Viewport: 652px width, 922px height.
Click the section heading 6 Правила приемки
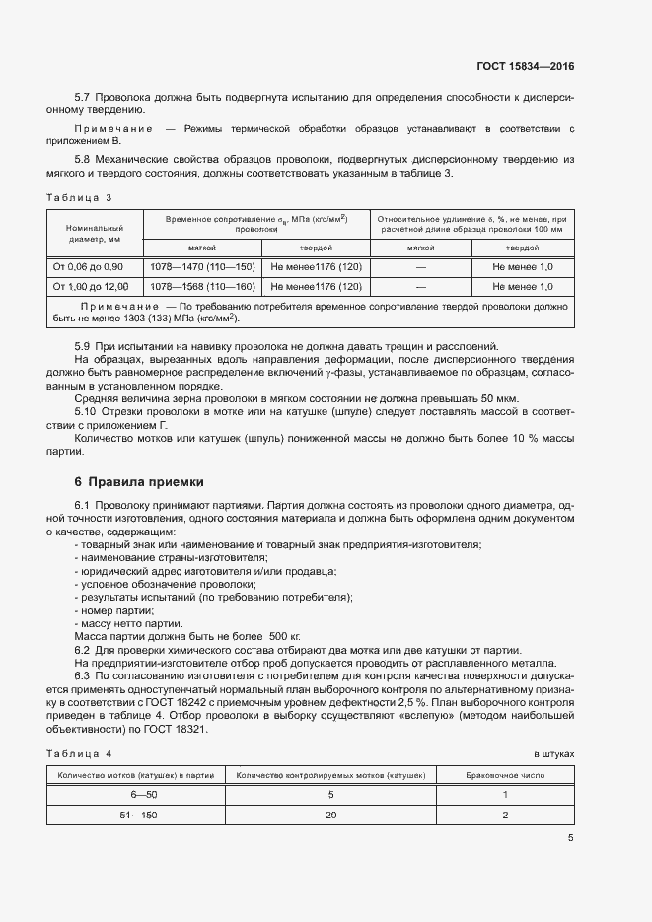point(139,482)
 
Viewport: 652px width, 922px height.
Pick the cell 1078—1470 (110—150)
point(202,267)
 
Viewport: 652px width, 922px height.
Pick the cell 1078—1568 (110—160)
point(202,286)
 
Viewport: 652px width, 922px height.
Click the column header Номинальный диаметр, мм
point(94,232)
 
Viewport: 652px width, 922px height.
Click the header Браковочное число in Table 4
point(504,775)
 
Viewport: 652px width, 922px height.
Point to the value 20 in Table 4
point(331,816)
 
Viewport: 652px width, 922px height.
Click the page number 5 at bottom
point(570,839)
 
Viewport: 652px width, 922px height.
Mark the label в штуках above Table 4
point(553,753)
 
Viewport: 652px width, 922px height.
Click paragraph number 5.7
point(83,97)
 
